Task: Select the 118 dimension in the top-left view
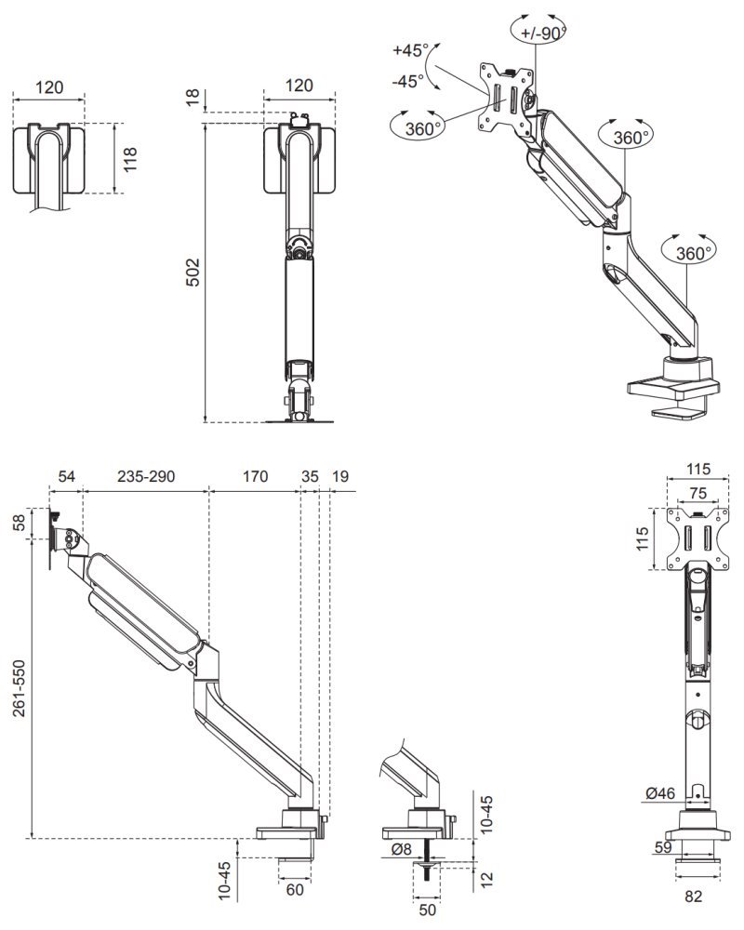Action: [130, 158]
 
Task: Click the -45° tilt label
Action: [407, 81]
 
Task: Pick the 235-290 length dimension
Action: [146, 476]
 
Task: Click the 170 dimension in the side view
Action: [255, 476]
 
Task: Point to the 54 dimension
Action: [66, 476]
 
